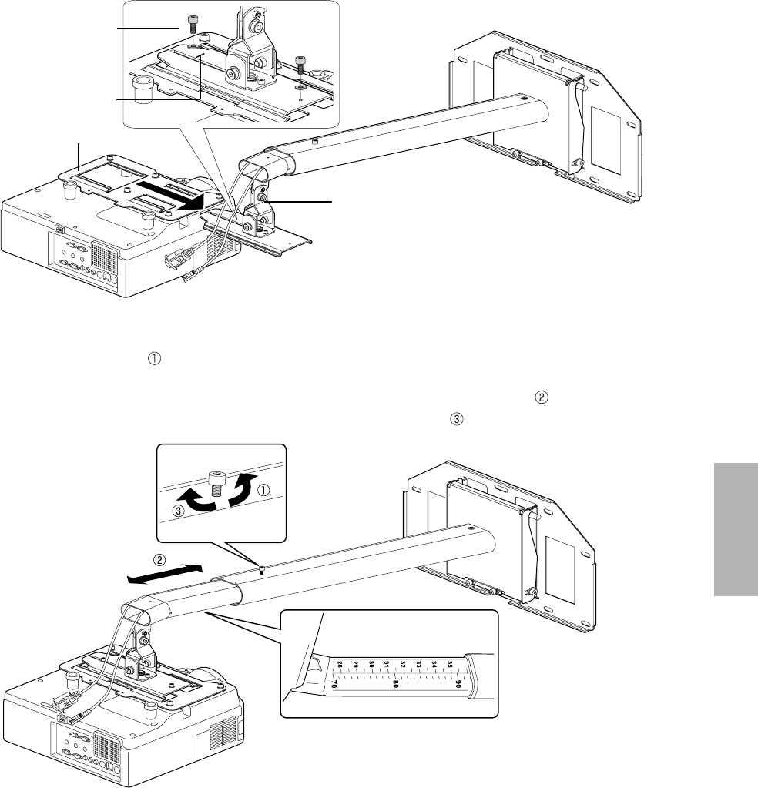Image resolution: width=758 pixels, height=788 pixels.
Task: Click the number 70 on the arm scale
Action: pos(334,682)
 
